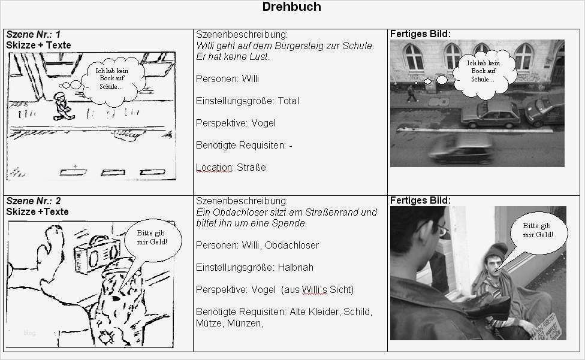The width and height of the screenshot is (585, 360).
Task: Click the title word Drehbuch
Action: pos(292,7)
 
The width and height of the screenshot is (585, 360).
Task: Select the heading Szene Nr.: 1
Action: pos(34,35)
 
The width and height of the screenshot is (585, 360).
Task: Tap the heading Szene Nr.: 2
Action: pos(34,201)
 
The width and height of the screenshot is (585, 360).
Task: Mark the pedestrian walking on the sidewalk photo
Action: pos(411,93)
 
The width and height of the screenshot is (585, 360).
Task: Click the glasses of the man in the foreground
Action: pos(441,229)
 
